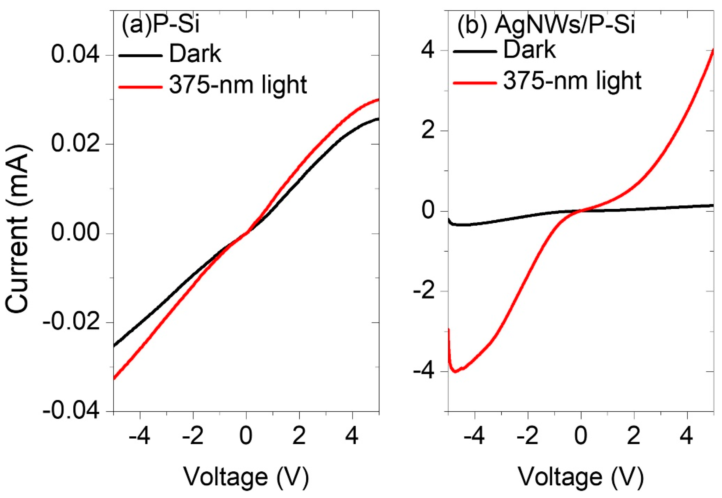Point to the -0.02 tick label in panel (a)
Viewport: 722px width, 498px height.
(x=71, y=322)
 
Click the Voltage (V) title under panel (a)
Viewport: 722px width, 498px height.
(x=246, y=477)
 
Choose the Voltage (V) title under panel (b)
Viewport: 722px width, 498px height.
(x=581, y=477)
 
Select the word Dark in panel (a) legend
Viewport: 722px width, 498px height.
(x=195, y=54)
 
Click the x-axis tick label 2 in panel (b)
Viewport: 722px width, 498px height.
(x=634, y=437)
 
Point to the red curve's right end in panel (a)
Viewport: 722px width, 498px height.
(x=378, y=99)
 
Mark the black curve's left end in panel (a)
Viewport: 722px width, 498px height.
(x=114, y=346)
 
